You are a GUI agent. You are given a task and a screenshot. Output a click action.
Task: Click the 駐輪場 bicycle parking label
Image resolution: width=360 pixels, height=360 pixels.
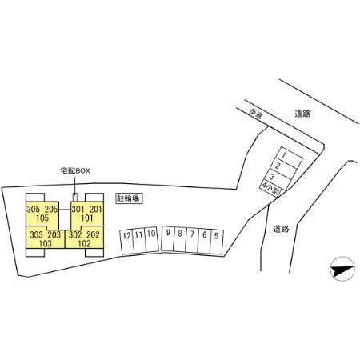(x=129, y=198)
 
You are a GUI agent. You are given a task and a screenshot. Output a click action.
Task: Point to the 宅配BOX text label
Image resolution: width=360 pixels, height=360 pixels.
(x=75, y=171)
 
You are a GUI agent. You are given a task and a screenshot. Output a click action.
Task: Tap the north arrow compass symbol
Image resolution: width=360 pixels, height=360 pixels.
(x=342, y=269)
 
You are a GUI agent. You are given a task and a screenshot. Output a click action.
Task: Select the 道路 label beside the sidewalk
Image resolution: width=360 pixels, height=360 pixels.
(x=302, y=114)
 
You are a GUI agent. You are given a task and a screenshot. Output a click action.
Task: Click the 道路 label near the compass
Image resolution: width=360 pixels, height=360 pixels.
(x=281, y=229)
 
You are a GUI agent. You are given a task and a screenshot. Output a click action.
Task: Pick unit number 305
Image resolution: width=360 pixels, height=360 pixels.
(x=33, y=210)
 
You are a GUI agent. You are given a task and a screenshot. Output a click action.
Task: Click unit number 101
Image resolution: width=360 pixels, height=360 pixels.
(x=86, y=218)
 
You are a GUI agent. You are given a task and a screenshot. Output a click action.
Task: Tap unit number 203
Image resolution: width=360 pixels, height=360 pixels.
(x=54, y=234)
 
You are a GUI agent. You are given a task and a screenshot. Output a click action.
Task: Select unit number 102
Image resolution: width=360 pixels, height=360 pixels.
(x=84, y=243)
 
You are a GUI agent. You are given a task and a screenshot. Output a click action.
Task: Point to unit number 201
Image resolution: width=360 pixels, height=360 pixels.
(x=96, y=210)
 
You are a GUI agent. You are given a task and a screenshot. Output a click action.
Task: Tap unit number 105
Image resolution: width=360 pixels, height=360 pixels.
(x=42, y=218)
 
